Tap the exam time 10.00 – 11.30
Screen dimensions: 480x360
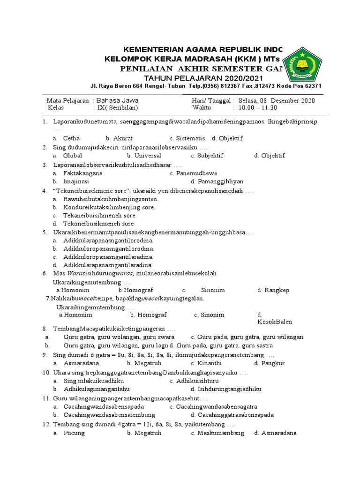(258, 107)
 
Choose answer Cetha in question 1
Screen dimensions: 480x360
(71, 138)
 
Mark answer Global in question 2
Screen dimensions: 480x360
(72, 156)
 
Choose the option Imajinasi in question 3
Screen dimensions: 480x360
(76, 181)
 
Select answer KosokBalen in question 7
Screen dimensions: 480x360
(274, 322)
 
